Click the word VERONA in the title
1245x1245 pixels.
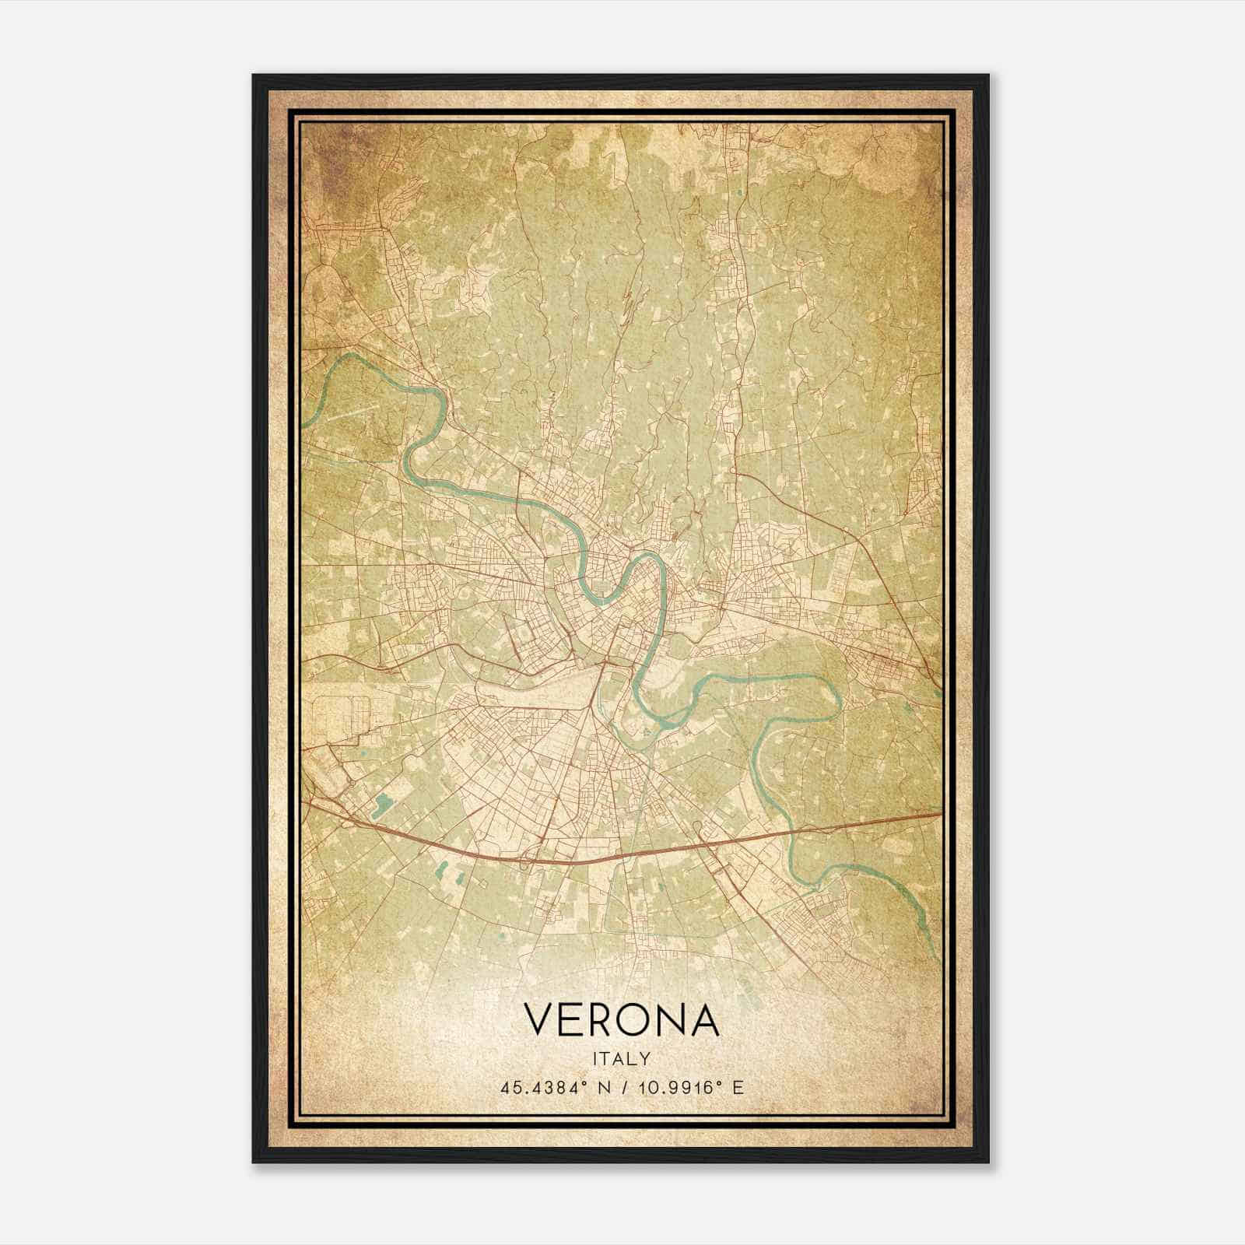tap(622, 1020)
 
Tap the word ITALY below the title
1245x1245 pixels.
tap(622, 1058)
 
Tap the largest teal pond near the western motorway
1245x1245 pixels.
tap(382, 803)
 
